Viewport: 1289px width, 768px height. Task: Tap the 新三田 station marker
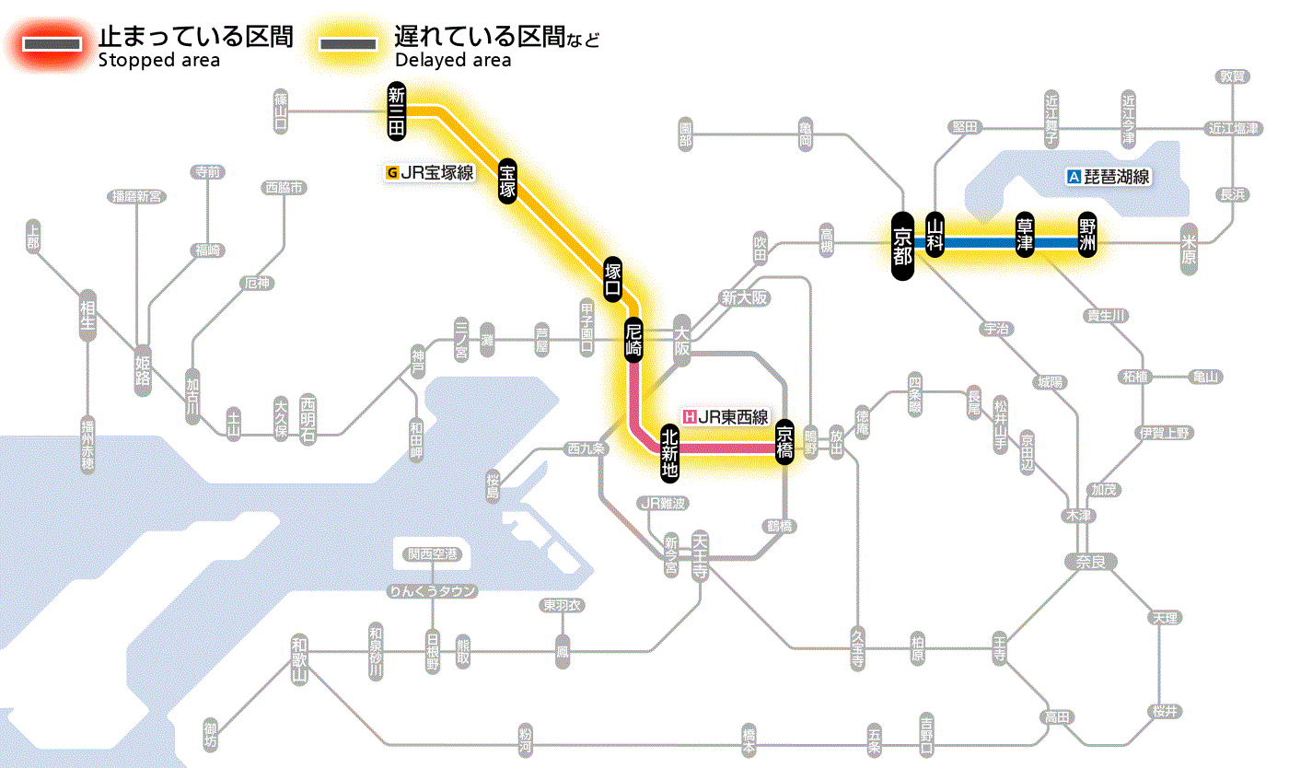coord(397,111)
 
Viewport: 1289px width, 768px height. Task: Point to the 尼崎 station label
coord(633,340)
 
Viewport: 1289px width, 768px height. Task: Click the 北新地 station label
coord(670,451)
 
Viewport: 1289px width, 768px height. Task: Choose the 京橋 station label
coord(784,443)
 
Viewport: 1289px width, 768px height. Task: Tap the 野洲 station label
coord(1088,236)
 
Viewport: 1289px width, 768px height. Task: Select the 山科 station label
coord(935,236)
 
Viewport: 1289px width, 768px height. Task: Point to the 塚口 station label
coord(612,280)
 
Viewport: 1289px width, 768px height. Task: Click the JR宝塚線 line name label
coord(432,171)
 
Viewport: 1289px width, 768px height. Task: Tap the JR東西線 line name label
coord(725,416)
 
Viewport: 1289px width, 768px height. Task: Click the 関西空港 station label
coord(433,554)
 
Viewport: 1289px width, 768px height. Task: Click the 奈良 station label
coord(1090,561)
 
